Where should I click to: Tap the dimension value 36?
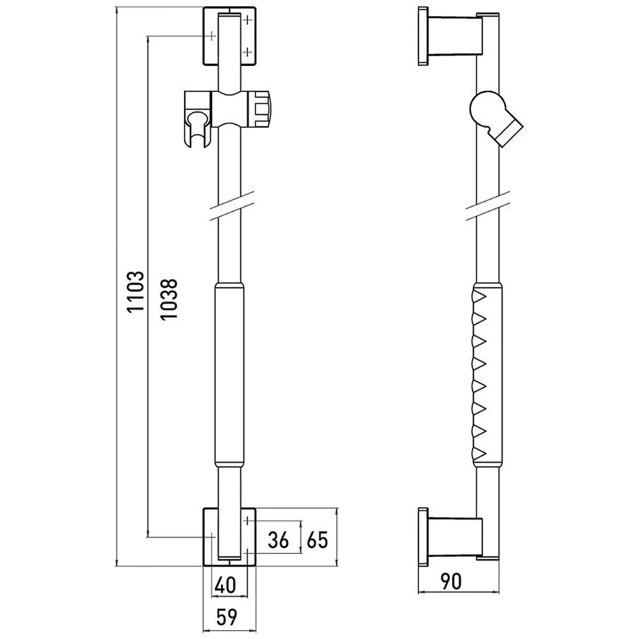pyautogui.click(x=279, y=541)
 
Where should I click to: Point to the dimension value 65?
pyautogui.click(x=316, y=541)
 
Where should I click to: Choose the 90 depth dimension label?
pyautogui.click(x=451, y=581)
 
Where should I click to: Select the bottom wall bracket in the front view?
pyautogui.click(x=229, y=537)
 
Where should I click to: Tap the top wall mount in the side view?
pyautogui.click(x=451, y=36)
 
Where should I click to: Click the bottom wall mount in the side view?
pyautogui.click(x=451, y=537)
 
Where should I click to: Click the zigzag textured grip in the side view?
pyautogui.click(x=486, y=374)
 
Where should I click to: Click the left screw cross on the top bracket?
pyautogui.click(x=212, y=36)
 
